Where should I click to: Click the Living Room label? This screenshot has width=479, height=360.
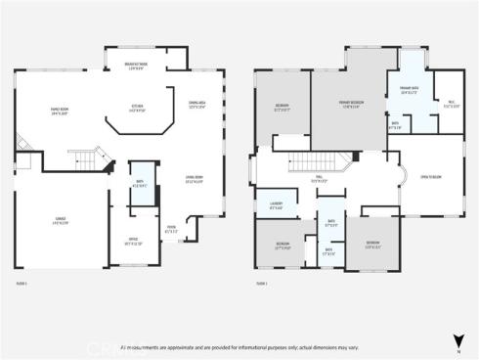tap(194, 178)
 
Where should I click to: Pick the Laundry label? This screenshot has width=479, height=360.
tap(275, 205)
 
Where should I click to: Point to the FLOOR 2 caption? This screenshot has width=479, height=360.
tap(261, 284)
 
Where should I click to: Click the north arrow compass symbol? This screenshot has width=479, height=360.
tap(458, 340)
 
